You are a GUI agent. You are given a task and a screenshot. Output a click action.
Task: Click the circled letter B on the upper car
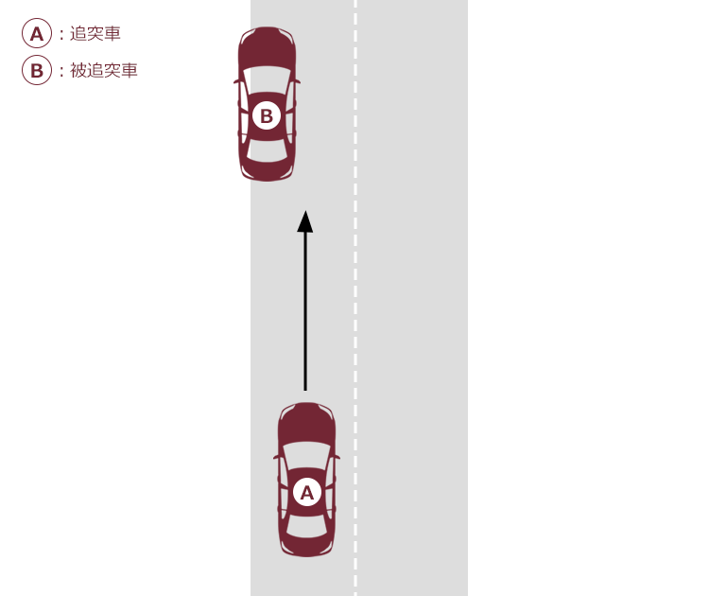(x=267, y=115)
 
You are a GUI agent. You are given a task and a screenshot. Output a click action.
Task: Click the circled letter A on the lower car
(x=307, y=492)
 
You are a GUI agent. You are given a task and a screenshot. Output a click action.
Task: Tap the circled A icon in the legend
(x=37, y=33)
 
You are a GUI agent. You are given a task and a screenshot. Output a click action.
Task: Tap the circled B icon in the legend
(x=37, y=70)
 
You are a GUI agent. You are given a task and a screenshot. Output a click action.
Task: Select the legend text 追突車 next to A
(x=95, y=33)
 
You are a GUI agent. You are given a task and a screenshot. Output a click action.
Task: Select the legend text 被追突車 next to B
(x=104, y=70)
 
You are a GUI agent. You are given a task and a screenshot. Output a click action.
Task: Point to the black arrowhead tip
(x=305, y=211)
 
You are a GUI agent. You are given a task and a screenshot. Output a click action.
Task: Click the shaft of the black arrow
(x=305, y=311)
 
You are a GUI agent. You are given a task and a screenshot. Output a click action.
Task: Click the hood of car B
(x=267, y=47)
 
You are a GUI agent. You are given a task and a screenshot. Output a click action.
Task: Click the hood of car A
(x=306, y=424)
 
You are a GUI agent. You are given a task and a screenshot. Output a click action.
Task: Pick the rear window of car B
(x=267, y=150)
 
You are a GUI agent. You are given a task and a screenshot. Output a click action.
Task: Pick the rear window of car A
(x=306, y=526)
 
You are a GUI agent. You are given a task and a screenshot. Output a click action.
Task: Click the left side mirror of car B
(x=236, y=81)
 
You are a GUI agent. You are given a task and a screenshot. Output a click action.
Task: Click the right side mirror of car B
(x=297, y=81)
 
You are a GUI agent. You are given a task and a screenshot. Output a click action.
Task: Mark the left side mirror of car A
(x=276, y=457)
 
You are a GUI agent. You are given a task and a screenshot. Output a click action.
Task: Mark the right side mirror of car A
(x=337, y=457)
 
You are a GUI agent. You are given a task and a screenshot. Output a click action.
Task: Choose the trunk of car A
(x=306, y=547)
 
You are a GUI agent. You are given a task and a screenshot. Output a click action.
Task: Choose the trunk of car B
(x=267, y=171)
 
